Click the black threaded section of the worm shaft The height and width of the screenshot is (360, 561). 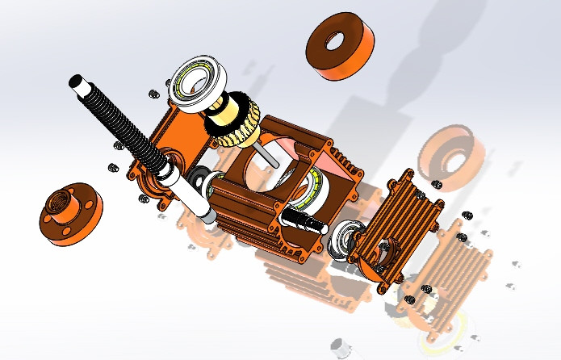pos(121,121)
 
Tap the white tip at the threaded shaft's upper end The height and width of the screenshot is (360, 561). pos(75,82)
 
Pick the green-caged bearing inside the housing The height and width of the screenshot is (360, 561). pos(310,190)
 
